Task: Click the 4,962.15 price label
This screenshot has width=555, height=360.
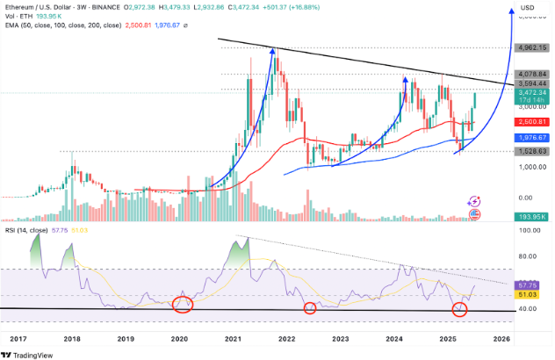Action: coord(530,49)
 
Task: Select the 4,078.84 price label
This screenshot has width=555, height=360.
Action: coord(530,73)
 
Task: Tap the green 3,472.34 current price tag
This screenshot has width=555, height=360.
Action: coord(530,91)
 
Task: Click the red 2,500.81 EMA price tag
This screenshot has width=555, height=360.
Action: coord(530,122)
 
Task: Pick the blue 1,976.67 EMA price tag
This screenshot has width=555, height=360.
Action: coord(530,138)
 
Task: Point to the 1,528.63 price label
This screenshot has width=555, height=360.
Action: coord(530,152)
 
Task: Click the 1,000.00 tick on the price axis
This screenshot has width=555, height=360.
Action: coord(529,170)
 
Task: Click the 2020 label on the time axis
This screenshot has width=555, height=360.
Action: coord(179,337)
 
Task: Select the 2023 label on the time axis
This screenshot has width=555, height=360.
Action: coord(341,337)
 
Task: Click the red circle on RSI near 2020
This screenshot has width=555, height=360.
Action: coord(182,305)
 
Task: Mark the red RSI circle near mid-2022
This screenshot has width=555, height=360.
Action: coord(309,307)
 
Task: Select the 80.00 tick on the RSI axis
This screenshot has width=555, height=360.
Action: coord(528,256)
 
